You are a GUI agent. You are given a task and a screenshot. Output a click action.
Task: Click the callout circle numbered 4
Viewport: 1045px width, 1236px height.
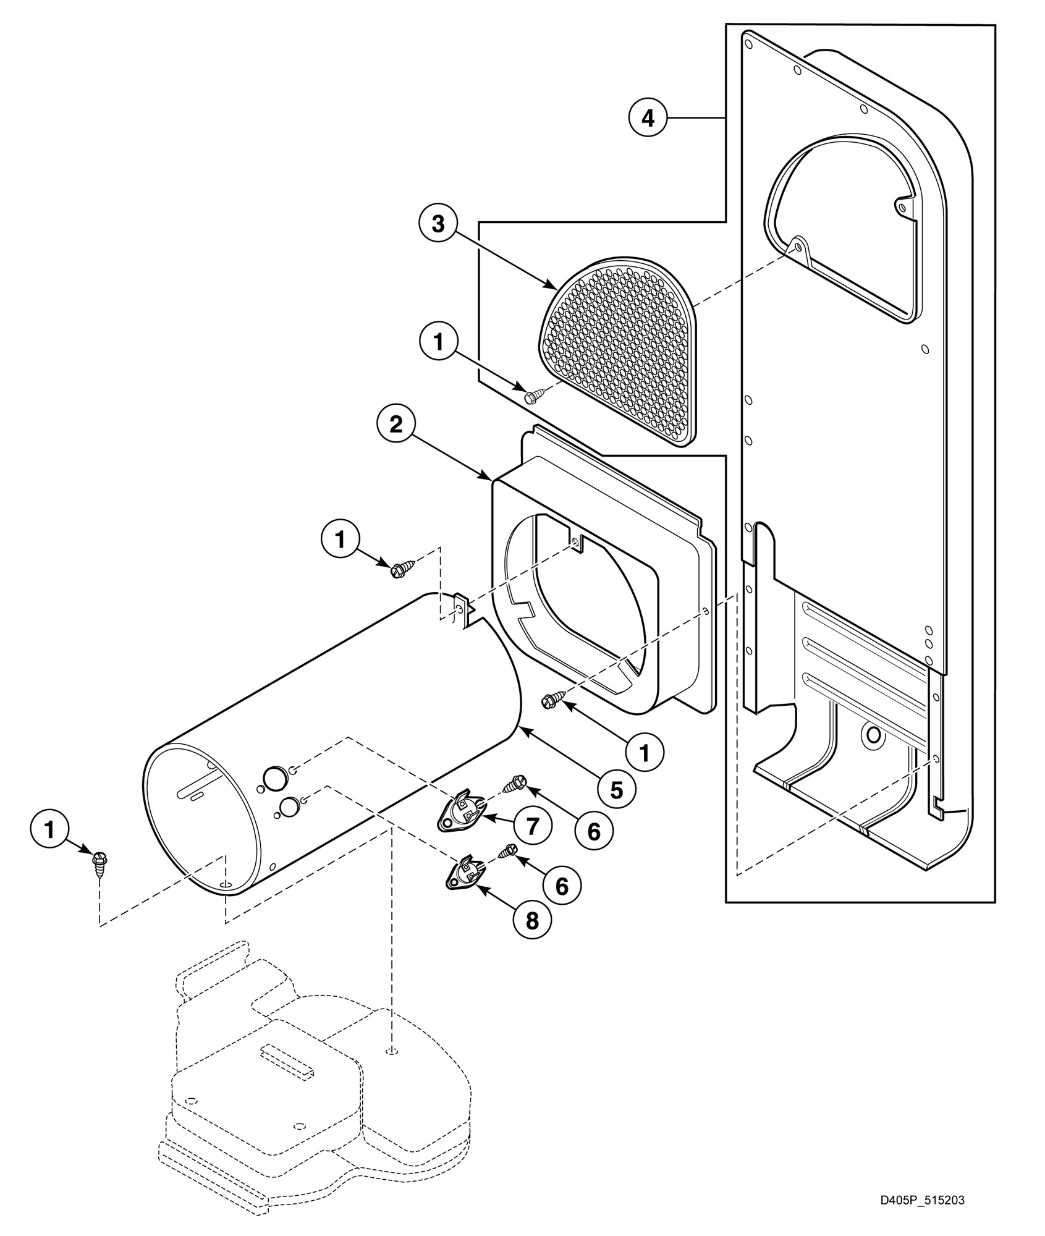click(648, 117)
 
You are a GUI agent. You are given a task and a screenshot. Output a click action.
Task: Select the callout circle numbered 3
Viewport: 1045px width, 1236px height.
click(438, 224)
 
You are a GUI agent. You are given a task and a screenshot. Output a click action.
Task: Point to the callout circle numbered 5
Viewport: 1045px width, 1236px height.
click(617, 788)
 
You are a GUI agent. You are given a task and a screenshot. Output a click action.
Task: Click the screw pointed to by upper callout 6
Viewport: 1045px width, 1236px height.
click(515, 784)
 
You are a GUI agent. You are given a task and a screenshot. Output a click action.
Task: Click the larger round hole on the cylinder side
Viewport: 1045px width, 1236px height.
click(275, 776)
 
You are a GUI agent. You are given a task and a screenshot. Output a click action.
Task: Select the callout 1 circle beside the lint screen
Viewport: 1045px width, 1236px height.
click(438, 342)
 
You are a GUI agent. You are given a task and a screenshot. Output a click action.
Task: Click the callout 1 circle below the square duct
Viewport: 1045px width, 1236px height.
click(644, 751)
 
